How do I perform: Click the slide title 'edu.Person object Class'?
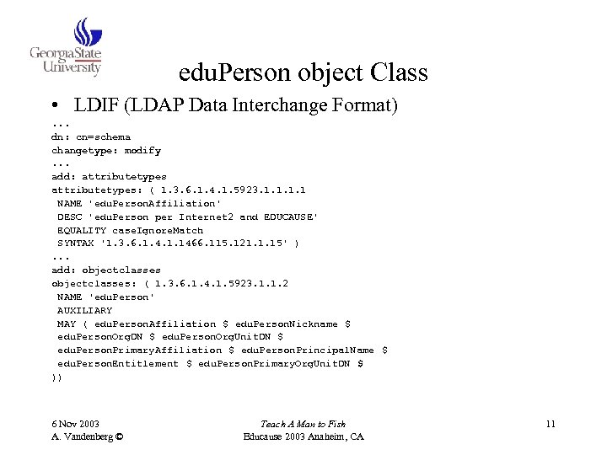click(303, 73)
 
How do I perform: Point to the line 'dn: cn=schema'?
click(91, 136)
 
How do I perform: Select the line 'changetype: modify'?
click(106, 150)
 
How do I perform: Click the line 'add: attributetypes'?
click(110, 177)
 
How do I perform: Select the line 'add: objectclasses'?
click(106, 270)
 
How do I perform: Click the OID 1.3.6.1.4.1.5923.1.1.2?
click(222, 284)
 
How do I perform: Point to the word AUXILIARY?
click(85, 310)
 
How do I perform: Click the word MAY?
click(67, 324)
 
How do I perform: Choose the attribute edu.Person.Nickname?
click(287, 324)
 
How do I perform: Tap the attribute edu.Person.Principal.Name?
click(308, 351)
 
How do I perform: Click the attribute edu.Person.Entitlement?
click(118, 364)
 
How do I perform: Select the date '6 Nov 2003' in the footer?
click(75, 424)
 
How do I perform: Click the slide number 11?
click(550, 424)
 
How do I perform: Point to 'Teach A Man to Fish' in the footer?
click(303, 424)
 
